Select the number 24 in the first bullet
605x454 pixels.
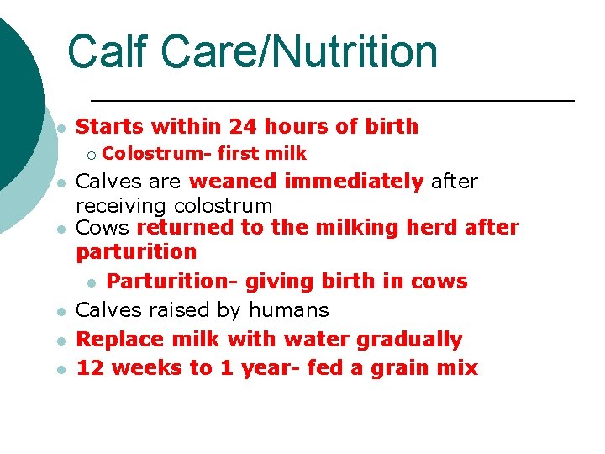click(x=244, y=127)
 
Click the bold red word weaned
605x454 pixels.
click(x=236, y=182)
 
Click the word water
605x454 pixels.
click(x=318, y=340)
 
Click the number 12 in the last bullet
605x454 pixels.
click(x=90, y=368)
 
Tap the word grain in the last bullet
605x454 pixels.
click(x=387, y=368)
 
